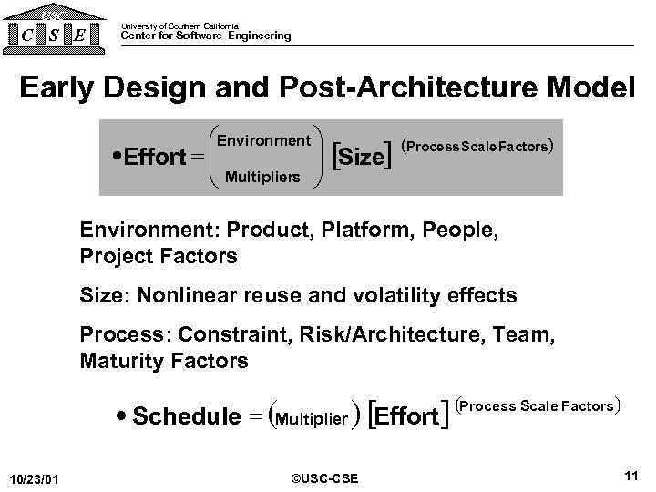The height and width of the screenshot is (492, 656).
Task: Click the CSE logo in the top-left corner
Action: [54, 29]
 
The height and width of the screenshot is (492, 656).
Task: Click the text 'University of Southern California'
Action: [179, 26]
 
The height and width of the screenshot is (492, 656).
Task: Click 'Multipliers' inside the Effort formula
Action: [261, 176]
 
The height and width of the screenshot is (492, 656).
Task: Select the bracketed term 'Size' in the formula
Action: [362, 157]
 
